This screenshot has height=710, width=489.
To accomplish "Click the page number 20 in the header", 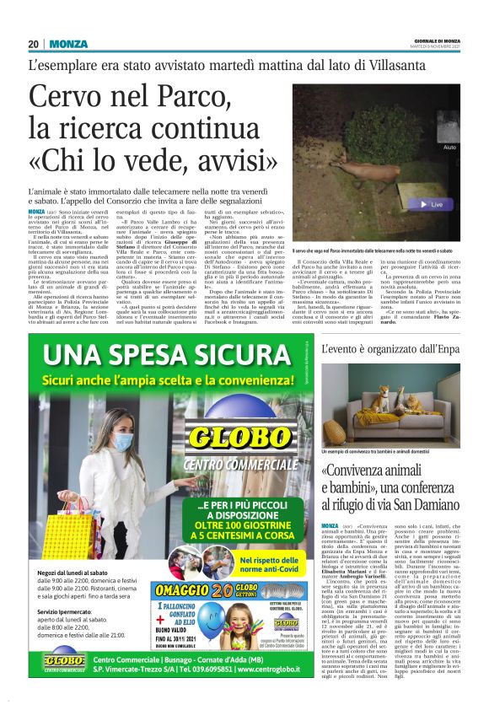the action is [33, 45].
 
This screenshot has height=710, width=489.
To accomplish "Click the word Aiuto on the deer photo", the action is [449, 147].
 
